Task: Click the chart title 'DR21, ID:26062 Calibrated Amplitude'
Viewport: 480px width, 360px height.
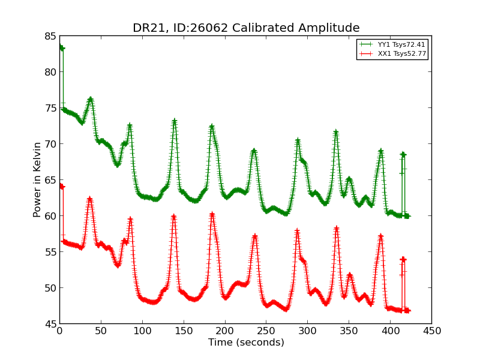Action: point(246,28)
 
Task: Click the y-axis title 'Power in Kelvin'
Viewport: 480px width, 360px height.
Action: point(37,179)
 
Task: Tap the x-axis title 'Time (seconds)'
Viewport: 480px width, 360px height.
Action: point(246,343)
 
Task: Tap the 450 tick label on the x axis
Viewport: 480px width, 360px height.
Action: point(431,331)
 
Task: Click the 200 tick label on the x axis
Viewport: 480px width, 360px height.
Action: point(225,331)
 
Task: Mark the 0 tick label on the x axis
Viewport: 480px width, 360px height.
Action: point(59,331)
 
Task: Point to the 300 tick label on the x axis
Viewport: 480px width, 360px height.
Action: point(307,331)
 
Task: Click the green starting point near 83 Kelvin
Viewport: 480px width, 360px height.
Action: point(61,47)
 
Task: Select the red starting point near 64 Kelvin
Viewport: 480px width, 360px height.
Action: point(61,186)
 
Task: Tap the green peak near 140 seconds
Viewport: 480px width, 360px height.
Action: point(174,121)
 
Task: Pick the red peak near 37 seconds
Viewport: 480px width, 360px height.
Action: point(89,199)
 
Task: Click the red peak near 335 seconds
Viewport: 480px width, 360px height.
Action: point(337,228)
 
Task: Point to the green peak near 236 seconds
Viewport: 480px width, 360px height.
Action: point(254,151)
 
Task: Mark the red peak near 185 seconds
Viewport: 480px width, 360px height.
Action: point(212,214)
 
